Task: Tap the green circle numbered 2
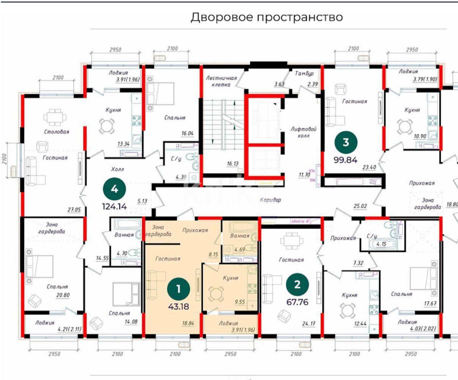[297, 285]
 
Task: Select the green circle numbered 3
[346, 142]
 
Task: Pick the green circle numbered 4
[114, 189]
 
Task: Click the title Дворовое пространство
[267, 17]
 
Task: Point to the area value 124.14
[114, 207]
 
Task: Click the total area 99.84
[346, 160]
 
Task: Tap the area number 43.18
[178, 307]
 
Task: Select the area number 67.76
[297, 302]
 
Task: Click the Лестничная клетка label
[221, 81]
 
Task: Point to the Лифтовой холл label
[303, 132]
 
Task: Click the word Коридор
[270, 199]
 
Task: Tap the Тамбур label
[305, 73]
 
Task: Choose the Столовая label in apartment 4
[57, 132]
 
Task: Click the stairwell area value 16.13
[233, 164]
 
